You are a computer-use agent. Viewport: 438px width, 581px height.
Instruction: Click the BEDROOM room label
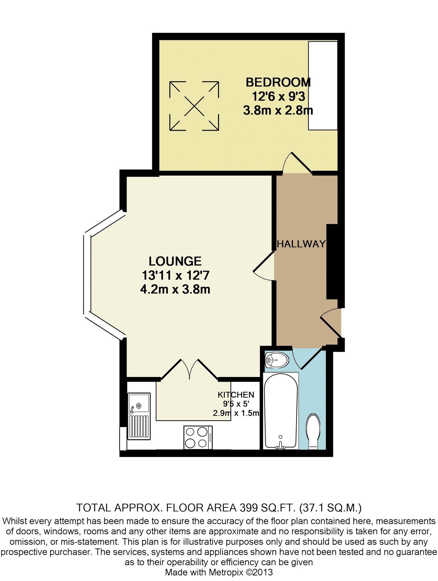[278, 82]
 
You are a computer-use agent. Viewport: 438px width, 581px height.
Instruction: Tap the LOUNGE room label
[175, 261]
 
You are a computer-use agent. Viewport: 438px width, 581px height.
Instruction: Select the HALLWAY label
[301, 244]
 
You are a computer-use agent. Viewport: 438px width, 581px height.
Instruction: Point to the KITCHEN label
[236, 394]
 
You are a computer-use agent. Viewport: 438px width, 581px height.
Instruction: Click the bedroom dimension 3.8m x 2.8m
[278, 110]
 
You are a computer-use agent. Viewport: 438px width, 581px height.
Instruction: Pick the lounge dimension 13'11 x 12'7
[176, 275]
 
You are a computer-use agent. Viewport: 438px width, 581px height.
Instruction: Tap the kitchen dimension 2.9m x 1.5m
[236, 413]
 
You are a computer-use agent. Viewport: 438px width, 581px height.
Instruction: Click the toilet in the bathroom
[313, 432]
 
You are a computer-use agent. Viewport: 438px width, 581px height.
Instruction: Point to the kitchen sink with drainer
[139, 416]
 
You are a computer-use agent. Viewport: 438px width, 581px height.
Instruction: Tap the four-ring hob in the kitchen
[198, 437]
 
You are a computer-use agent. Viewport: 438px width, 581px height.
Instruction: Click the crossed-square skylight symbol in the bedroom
[194, 106]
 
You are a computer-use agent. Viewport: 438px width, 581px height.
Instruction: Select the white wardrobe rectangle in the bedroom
[323, 86]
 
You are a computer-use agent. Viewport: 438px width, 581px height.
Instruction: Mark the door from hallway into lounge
[264, 265]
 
